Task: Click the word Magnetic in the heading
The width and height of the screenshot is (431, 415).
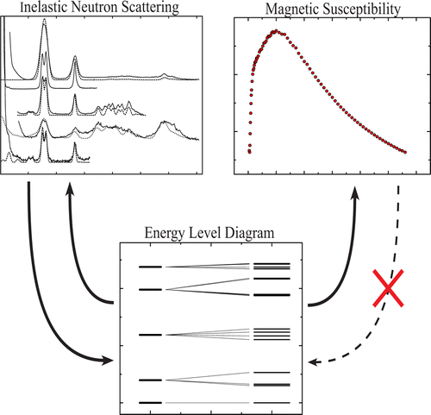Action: pyautogui.click(x=292, y=9)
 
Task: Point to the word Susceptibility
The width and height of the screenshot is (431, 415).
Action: pyautogui.click(x=361, y=9)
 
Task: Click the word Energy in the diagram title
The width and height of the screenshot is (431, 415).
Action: pyautogui.click(x=164, y=234)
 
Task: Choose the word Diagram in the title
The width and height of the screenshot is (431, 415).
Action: pyautogui.click(x=249, y=234)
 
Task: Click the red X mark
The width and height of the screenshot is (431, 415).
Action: pyautogui.click(x=388, y=288)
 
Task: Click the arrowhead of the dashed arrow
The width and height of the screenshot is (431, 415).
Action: pyautogui.click(x=313, y=362)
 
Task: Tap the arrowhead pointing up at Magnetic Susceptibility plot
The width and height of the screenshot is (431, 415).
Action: pyautogui.click(x=355, y=192)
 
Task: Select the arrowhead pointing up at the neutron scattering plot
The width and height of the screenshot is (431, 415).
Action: pyautogui.click(x=70, y=188)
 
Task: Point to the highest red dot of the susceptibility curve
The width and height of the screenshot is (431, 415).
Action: pyautogui.click(x=276, y=30)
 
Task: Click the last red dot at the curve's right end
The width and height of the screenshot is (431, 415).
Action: pyautogui.click(x=405, y=152)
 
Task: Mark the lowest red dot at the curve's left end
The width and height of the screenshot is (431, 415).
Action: pyautogui.click(x=249, y=152)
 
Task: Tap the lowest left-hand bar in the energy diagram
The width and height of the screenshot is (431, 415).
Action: pyautogui.click(x=151, y=403)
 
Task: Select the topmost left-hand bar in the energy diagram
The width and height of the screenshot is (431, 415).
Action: pyautogui.click(x=151, y=267)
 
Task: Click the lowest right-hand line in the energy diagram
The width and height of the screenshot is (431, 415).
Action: pyautogui.click(x=272, y=403)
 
